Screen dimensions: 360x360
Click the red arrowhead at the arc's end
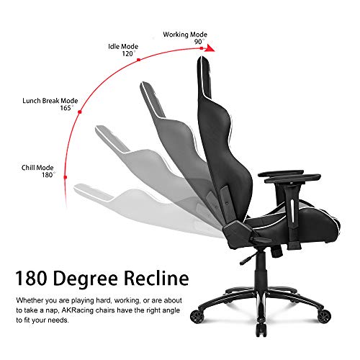click(210, 48)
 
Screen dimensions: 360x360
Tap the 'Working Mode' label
click(185, 35)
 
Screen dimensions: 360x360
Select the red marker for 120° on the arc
click(138, 60)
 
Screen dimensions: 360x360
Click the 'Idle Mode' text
click(123, 46)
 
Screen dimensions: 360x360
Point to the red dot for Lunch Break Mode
click(80, 112)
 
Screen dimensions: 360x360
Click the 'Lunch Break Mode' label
click(50, 101)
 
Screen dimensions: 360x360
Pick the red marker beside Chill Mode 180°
click(66, 177)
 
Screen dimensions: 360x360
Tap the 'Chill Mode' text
click(37, 168)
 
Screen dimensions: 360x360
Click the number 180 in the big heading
click(31, 278)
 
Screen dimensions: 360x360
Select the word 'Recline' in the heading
click(156, 278)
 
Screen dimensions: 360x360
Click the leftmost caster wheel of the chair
click(197, 316)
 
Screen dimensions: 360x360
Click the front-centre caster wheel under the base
click(261, 330)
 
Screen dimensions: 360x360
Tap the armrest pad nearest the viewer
click(292, 179)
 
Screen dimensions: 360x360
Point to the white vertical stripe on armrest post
click(292, 211)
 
